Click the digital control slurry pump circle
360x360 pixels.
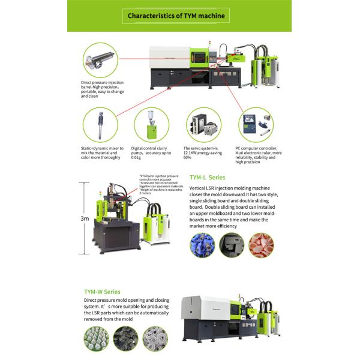[x=151, y=125]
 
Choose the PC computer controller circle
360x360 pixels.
[x=256, y=125]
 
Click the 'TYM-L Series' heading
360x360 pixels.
[x=208, y=178]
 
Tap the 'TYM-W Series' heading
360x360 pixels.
[x=102, y=292]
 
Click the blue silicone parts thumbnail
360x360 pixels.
[x=202, y=245]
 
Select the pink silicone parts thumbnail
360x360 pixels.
[x=261, y=245]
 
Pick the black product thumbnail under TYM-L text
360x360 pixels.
[x=231, y=245]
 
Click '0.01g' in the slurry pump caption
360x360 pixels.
[x=137, y=157]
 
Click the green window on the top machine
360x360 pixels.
[x=198, y=58]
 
